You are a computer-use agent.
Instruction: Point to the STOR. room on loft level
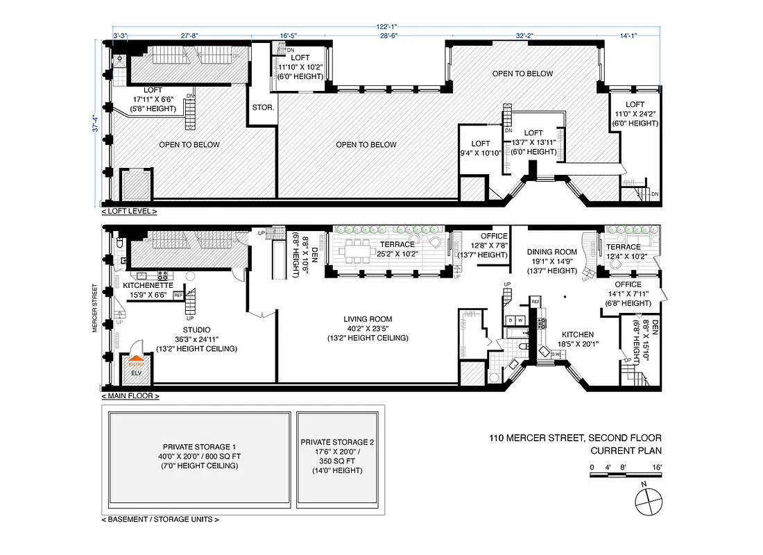coord(263,108)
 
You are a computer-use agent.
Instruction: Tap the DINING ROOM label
coord(552,252)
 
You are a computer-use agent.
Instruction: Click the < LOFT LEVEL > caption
coord(129,211)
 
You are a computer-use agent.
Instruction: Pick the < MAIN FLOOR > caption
coord(130,396)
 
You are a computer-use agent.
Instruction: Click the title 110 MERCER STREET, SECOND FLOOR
coord(575,438)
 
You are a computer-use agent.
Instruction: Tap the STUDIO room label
coord(196,330)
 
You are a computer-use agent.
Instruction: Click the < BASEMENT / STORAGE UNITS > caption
coord(161,519)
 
